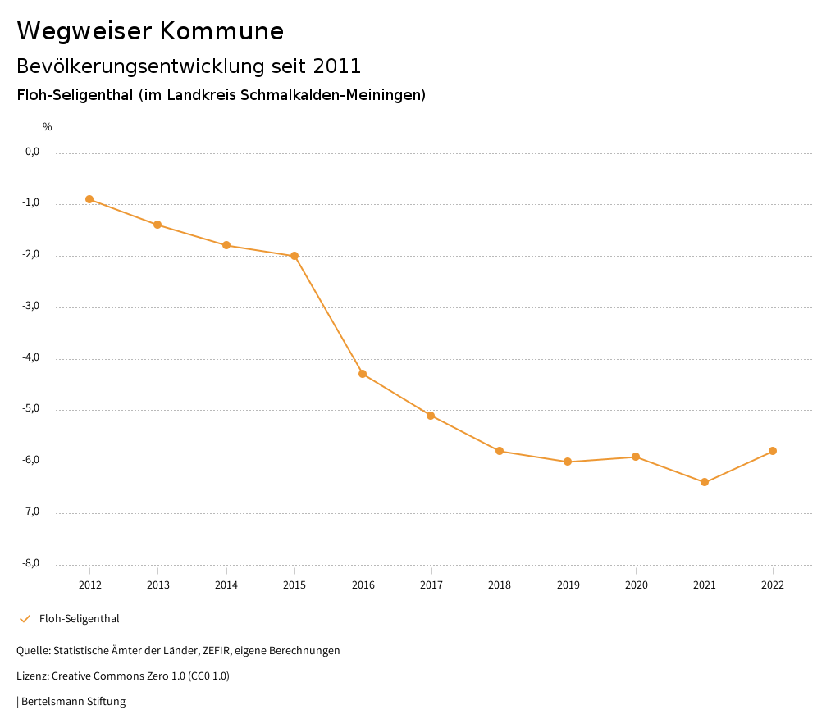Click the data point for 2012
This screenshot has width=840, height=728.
point(89,199)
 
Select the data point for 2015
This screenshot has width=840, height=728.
point(294,256)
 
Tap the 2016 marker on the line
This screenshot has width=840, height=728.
point(363,374)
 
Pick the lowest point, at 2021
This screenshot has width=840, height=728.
point(705,482)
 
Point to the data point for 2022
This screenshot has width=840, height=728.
point(773,451)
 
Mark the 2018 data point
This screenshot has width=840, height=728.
point(500,451)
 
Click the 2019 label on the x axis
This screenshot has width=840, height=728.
point(568,585)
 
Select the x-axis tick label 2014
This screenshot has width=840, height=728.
point(226,585)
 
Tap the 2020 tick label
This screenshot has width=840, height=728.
point(637,585)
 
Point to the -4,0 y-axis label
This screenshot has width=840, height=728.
point(32,357)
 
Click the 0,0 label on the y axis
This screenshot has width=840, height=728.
point(33,152)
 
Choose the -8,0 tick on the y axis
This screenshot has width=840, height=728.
point(32,563)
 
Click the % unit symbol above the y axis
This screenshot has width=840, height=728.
point(48,126)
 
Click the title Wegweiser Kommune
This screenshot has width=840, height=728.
point(150,31)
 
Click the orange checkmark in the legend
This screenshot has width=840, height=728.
point(25,619)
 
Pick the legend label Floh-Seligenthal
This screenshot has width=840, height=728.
point(79,619)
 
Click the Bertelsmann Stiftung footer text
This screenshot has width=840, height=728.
point(73,702)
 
